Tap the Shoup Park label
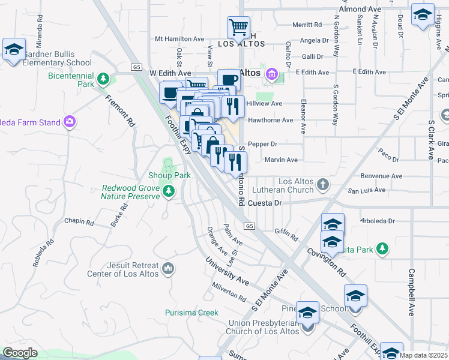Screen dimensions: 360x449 tap(169, 176)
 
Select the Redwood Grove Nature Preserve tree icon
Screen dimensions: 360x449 tap(169, 191)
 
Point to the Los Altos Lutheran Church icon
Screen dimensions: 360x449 tap(324, 184)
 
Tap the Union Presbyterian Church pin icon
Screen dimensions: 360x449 tap(309, 327)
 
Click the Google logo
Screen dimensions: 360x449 tap(20, 353)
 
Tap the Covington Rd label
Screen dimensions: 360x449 tap(328, 263)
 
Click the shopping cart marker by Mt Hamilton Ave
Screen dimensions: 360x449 tap(238, 27)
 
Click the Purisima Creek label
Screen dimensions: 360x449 tap(192, 313)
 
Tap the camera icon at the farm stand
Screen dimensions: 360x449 tap(70, 122)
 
